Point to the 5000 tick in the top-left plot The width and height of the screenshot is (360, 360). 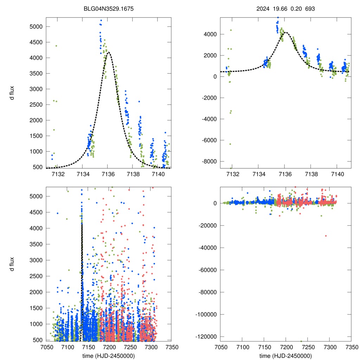click(36, 27)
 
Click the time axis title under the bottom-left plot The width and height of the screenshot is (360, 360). click(109, 356)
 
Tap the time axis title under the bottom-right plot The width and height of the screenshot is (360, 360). click(285, 356)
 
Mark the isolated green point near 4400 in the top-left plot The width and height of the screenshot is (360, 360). click(56, 46)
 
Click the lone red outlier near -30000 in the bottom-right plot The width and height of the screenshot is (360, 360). click(326, 236)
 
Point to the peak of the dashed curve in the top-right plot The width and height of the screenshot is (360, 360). click(285, 33)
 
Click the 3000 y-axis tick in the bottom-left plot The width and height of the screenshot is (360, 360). click(36, 260)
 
